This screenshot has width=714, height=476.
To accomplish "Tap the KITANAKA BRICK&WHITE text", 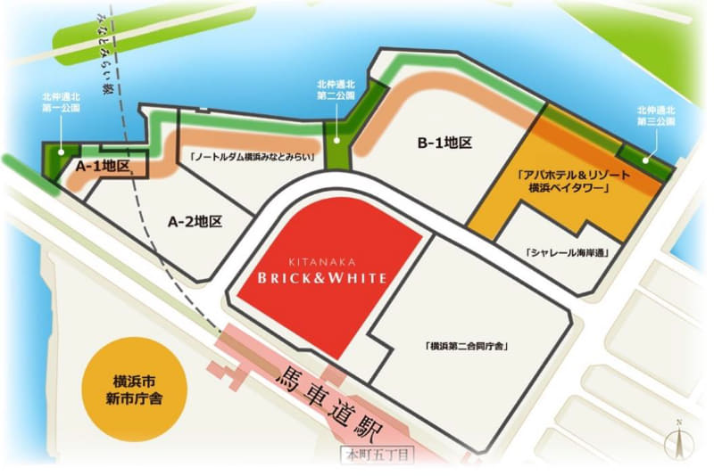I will [x=324, y=272].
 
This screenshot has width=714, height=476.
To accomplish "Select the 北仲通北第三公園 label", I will [x=656, y=115].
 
